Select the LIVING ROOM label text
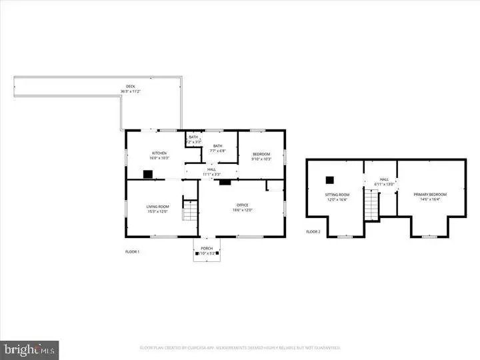click(x=158, y=206)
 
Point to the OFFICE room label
click(x=242, y=205)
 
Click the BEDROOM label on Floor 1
click(x=261, y=153)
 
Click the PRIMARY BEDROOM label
click(x=430, y=194)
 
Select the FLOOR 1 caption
click(x=133, y=251)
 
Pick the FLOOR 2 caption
click(x=313, y=231)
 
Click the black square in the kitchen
click(x=147, y=175)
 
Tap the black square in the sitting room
click(x=329, y=179)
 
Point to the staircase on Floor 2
click(x=371, y=204)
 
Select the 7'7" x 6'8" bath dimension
click(x=217, y=151)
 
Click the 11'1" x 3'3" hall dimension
click(x=211, y=174)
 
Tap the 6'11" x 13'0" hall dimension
click(x=384, y=183)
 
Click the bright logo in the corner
click(x=29, y=349)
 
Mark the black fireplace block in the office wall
click(x=225, y=181)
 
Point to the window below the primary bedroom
click(x=430, y=236)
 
